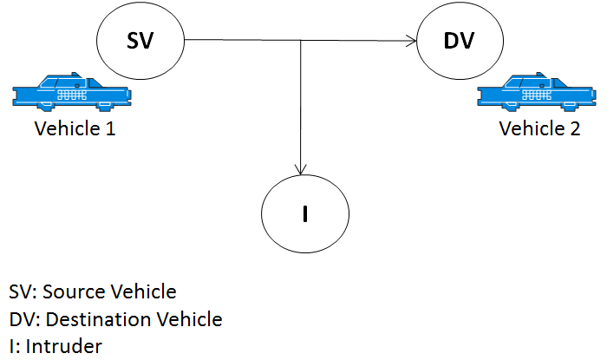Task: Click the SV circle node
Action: (141, 40)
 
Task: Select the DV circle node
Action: (460, 40)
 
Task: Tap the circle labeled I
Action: (305, 213)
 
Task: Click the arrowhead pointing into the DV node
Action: (412, 40)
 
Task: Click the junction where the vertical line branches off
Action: (301, 40)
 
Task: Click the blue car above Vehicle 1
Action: (65, 92)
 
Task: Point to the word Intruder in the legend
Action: (64, 346)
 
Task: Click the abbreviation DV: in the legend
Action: (23, 319)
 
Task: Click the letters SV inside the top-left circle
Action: (141, 40)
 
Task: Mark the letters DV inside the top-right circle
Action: (460, 40)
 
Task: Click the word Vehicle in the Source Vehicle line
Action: (142, 291)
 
